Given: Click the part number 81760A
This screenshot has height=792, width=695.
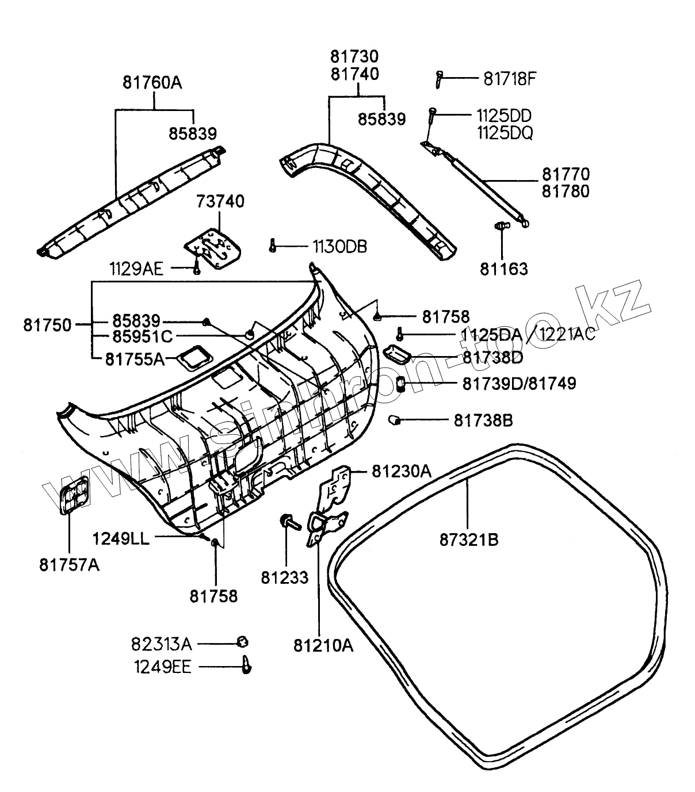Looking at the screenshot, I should coord(152,82).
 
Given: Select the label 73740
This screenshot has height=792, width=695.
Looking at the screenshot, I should coord(220,201).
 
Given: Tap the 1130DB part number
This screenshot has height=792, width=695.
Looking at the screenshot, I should coord(339,247).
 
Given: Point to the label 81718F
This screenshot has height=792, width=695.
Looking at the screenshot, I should coord(509,79).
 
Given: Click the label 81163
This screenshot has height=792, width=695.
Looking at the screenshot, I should coord(503,269).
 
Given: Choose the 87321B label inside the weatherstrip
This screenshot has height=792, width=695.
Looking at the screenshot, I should coord(469,540).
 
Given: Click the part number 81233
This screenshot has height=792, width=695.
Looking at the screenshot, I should coord(285,577).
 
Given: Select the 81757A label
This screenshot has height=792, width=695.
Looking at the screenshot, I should coord(69,565).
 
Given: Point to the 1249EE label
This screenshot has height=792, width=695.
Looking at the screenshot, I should coord(163,667).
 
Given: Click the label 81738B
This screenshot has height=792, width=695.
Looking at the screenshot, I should coord(483,420).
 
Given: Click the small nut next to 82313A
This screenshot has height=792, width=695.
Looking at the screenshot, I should coord(243,642).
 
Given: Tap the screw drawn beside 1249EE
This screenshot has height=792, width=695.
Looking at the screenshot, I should coord(246,665).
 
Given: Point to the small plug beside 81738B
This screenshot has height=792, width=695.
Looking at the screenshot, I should coord(395,420).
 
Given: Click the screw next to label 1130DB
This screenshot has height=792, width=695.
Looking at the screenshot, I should coord(273,246).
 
